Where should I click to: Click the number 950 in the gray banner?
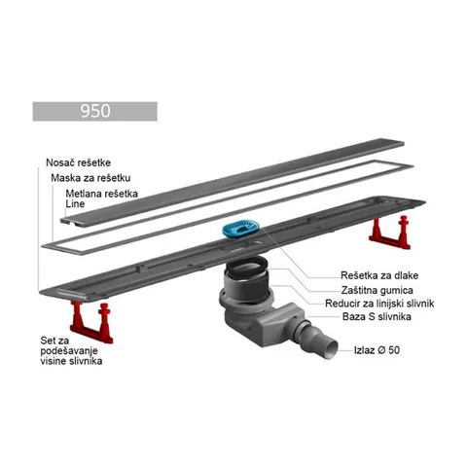[x=95, y=111]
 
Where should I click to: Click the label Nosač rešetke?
[x=78, y=162]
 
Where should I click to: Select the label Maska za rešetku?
[x=90, y=178]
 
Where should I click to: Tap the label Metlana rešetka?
[x=101, y=194]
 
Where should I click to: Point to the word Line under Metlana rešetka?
[x=75, y=204]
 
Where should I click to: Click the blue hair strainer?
[x=240, y=228]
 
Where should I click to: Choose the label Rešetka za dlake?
[x=379, y=275]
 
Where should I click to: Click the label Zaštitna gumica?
[x=377, y=290]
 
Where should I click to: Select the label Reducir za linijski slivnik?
[x=379, y=304]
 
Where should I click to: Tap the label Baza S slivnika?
[x=377, y=316]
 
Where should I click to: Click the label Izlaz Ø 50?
[x=377, y=350]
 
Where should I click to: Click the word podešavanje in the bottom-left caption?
[x=69, y=351]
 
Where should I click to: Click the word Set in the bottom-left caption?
[x=48, y=341]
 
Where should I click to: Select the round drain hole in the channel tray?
[x=259, y=242]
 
